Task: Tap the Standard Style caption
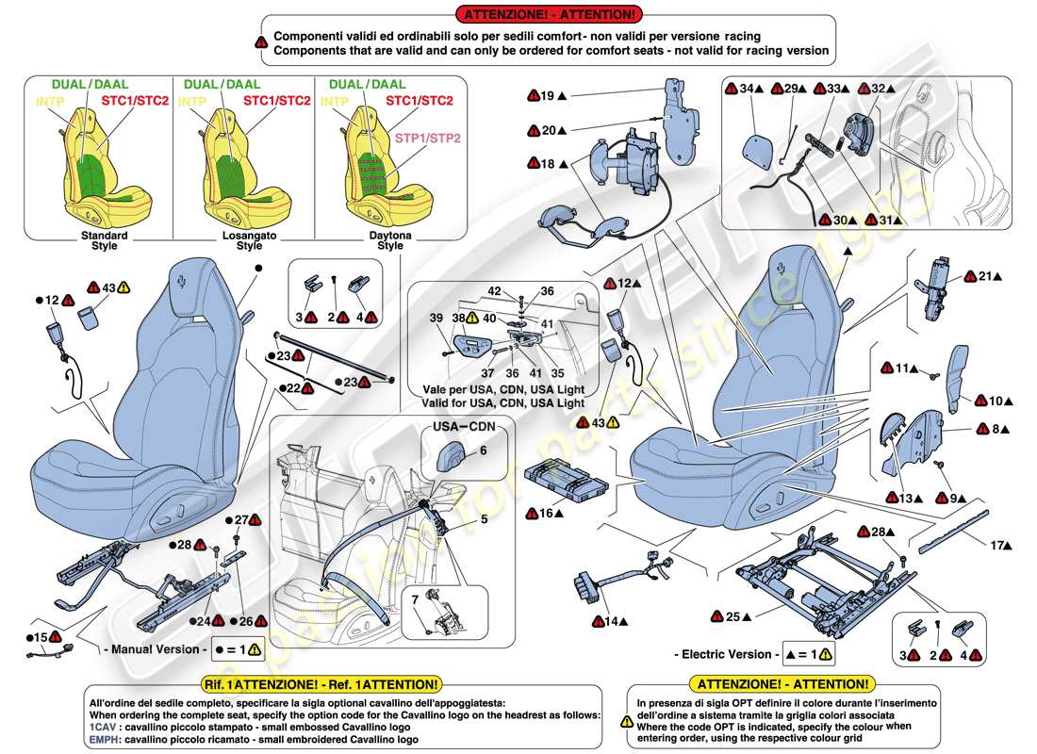coord(104,240)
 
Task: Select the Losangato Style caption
coord(249,240)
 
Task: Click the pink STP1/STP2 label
coord(428,138)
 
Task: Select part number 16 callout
coord(546,514)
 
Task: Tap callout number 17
coord(997,545)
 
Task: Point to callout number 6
coord(483,451)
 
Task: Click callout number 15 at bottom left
coord(40,638)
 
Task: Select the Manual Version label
coord(152,649)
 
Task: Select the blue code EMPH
coord(104,740)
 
